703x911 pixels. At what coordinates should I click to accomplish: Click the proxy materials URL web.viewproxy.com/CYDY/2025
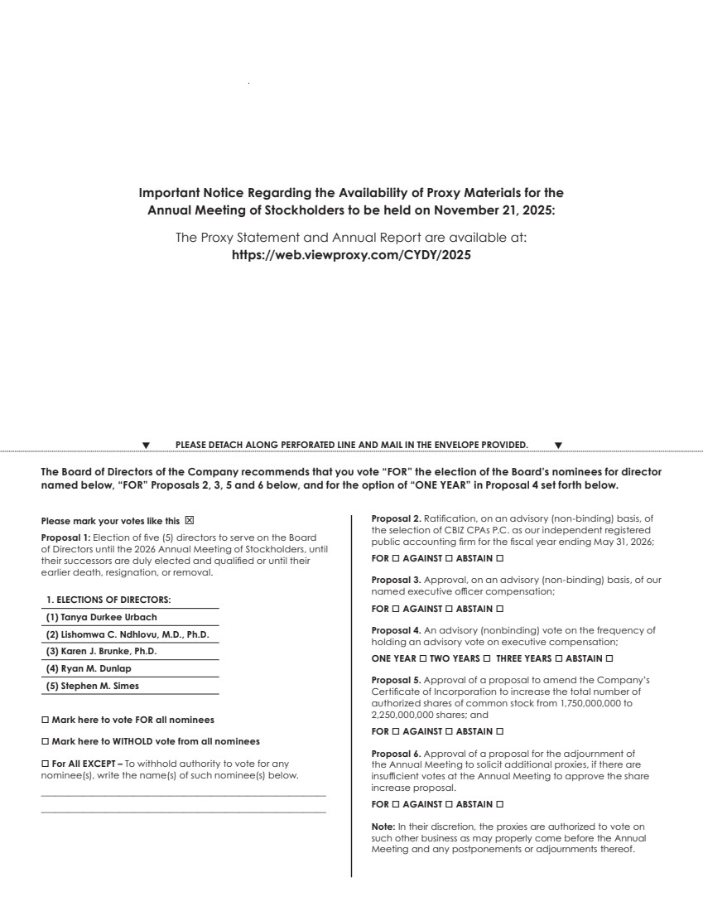tap(351, 256)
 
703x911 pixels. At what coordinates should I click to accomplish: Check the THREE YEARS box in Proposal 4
tap(558, 658)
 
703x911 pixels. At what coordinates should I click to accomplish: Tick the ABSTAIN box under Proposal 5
tap(499, 731)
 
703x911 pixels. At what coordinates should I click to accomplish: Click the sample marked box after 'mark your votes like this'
tap(189, 521)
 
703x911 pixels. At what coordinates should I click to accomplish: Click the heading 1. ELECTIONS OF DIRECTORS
tap(108, 600)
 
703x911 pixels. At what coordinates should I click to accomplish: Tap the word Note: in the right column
tap(383, 826)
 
